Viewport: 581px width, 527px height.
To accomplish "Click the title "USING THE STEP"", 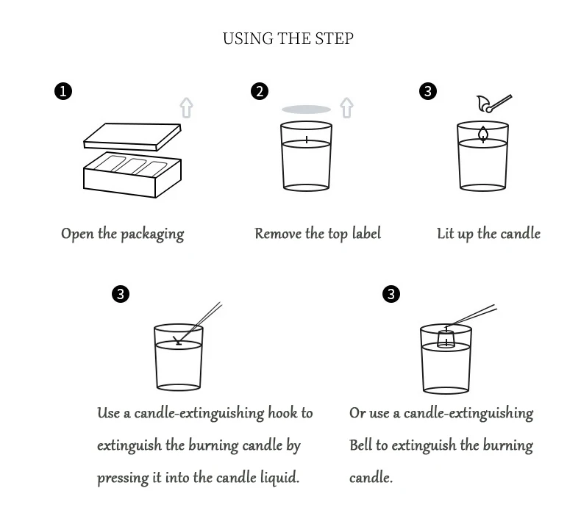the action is click(x=288, y=38).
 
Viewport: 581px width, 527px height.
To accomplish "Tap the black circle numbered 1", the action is click(x=63, y=91).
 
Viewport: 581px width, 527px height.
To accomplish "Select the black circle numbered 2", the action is click(x=259, y=91).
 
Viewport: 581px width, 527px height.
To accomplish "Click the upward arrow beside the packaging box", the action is click(x=186, y=107).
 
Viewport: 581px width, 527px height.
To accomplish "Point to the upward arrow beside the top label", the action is click(x=347, y=107).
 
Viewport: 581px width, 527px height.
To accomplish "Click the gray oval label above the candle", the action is click(x=307, y=109).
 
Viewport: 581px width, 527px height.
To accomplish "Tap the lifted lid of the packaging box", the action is click(x=132, y=135).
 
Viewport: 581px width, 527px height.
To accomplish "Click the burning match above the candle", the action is click(x=493, y=103).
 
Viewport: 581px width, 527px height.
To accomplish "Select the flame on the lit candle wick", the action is click(x=483, y=133).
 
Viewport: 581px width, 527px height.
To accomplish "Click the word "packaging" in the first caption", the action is click(x=152, y=234).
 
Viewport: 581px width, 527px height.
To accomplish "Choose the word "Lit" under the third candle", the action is click(x=446, y=234).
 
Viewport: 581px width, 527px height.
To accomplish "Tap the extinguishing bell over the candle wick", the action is click(x=446, y=338).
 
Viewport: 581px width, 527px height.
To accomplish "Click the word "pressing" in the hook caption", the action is click(x=123, y=478).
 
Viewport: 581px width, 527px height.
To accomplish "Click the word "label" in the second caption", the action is click(x=365, y=234).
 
